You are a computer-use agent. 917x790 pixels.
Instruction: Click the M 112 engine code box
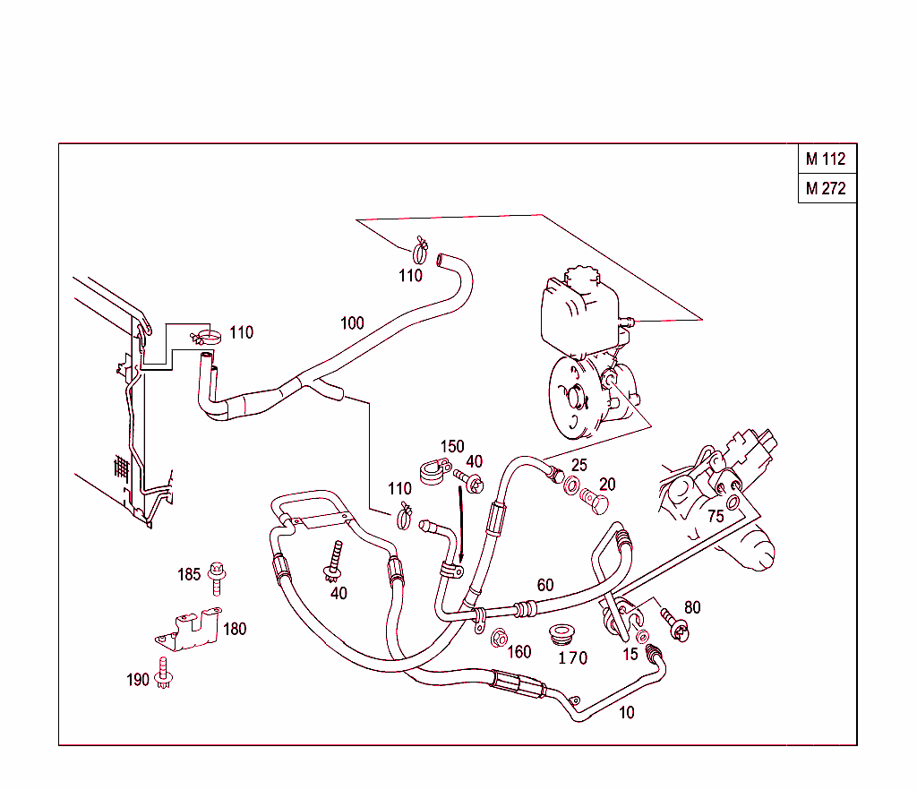(826, 159)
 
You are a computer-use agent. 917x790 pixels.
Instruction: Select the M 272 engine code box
(826, 189)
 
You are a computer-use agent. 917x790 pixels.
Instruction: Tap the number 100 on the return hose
(352, 322)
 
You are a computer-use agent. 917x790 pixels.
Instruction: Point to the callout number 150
(451, 446)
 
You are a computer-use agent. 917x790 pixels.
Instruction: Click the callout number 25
(579, 465)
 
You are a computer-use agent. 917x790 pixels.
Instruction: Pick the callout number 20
(607, 485)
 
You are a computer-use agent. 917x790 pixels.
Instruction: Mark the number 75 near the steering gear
(716, 516)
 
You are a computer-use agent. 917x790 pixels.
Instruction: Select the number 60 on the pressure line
(544, 586)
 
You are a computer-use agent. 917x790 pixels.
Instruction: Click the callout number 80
(692, 608)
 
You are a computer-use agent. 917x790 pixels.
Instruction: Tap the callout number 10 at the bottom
(626, 713)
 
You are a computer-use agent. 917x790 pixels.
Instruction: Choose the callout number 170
(572, 658)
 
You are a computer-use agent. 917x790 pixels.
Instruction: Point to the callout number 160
(519, 652)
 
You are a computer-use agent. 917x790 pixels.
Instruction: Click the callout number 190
(137, 680)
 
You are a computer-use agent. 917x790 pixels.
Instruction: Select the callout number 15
(630, 655)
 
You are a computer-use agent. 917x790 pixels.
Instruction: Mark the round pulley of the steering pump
(573, 399)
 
